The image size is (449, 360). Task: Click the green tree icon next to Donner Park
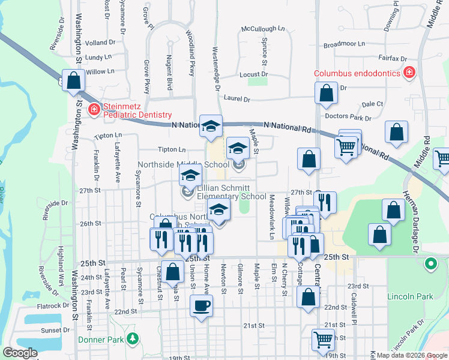click(x=132, y=340)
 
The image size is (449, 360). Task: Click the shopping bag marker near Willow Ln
click(x=73, y=81)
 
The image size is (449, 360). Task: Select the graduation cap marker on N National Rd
click(x=211, y=125)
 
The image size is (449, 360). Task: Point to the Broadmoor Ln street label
click(x=344, y=44)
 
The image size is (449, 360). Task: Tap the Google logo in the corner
click(x=20, y=353)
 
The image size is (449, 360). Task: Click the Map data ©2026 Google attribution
click(x=411, y=355)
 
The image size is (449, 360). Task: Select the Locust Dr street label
click(x=253, y=75)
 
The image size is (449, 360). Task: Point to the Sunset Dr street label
click(x=55, y=330)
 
